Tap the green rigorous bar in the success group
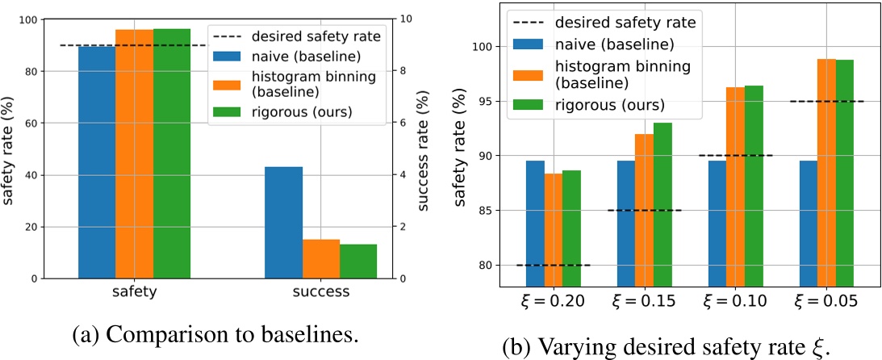[358, 261]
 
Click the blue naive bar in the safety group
[97, 161]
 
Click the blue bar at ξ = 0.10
[717, 223]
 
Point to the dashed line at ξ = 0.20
[554, 265]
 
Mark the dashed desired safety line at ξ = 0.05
[826, 101]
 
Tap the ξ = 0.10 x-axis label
[735, 301]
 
